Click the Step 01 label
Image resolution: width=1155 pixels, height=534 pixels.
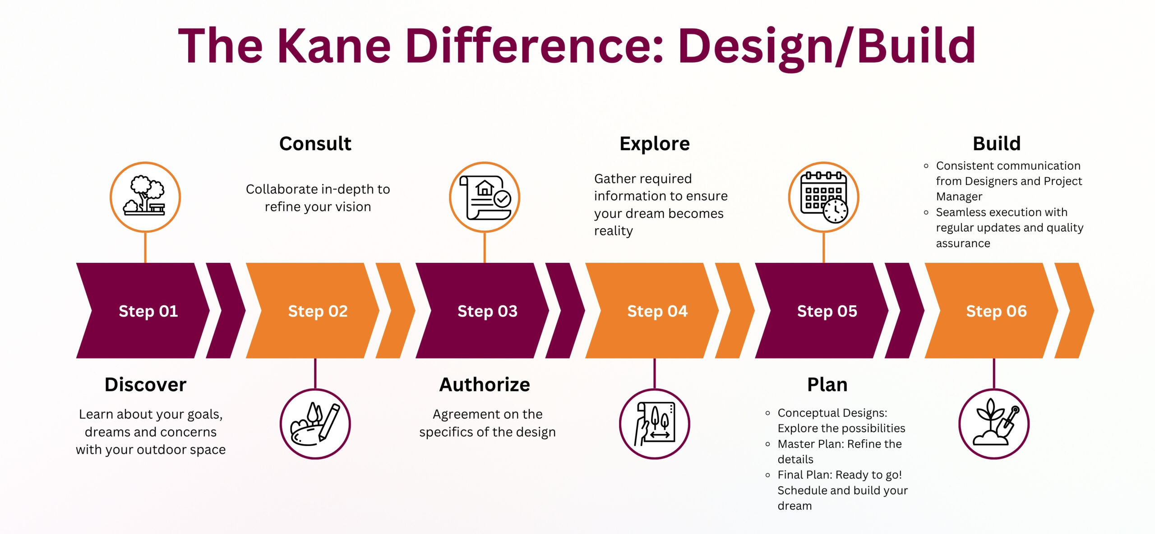click(x=148, y=311)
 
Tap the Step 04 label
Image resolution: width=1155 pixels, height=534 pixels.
click(x=657, y=311)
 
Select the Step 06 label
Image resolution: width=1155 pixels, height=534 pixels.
click(x=996, y=311)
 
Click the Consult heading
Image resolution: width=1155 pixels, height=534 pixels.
click(x=315, y=143)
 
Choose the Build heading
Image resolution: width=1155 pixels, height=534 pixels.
click(x=997, y=143)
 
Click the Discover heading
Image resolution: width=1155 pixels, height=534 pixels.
click(x=145, y=384)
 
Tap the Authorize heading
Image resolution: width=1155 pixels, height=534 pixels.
click(x=485, y=384)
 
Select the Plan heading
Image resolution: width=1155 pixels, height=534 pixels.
click(x=827, y=384)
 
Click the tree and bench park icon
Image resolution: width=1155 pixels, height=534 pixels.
click(x=145, y=197)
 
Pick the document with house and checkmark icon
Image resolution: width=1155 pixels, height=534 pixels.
click(x=485, y=198)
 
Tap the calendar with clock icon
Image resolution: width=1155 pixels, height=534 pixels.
click(x=824, y=198)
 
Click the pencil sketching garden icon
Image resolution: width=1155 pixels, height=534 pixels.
click(x=315, y=424)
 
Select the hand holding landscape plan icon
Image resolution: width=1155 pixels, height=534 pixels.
click(x=655, y=424)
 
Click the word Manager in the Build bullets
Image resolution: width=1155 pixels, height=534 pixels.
click(x=959, y=197)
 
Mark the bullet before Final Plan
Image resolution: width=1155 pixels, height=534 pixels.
click(x=768, y=475)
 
